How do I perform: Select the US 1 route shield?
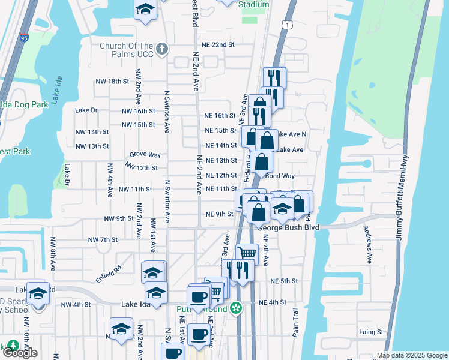coord(289,24)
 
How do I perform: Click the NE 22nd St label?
coord(218,45)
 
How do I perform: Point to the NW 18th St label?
coord(112,81)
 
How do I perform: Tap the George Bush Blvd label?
coord(288,228)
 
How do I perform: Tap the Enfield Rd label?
coord(108,274)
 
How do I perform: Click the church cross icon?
coord(161,48)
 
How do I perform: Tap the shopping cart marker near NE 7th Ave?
coord(247,253)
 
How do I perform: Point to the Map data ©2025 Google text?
coord(412,355)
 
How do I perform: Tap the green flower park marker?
coord(237,308)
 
